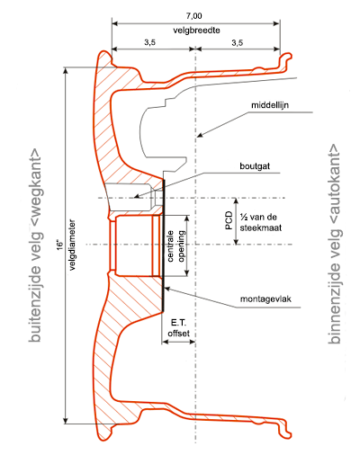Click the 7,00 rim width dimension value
(193, 15)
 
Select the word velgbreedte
(196, 31)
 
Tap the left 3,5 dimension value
(149, 42)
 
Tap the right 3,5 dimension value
(237, 42)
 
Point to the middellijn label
(270, 105)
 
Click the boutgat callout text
(255, 166)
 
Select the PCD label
(229, 220)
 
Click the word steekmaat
(261, 227)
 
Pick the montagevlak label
(265, 299)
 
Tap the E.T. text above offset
(179, 323)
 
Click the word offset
(179, 334)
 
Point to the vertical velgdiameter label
(72, 245)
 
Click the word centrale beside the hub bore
(170, 246)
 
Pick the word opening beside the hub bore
(181, 246)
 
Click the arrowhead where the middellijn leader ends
(200, 135)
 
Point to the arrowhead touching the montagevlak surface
(167, 289)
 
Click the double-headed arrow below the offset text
(179, 342)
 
